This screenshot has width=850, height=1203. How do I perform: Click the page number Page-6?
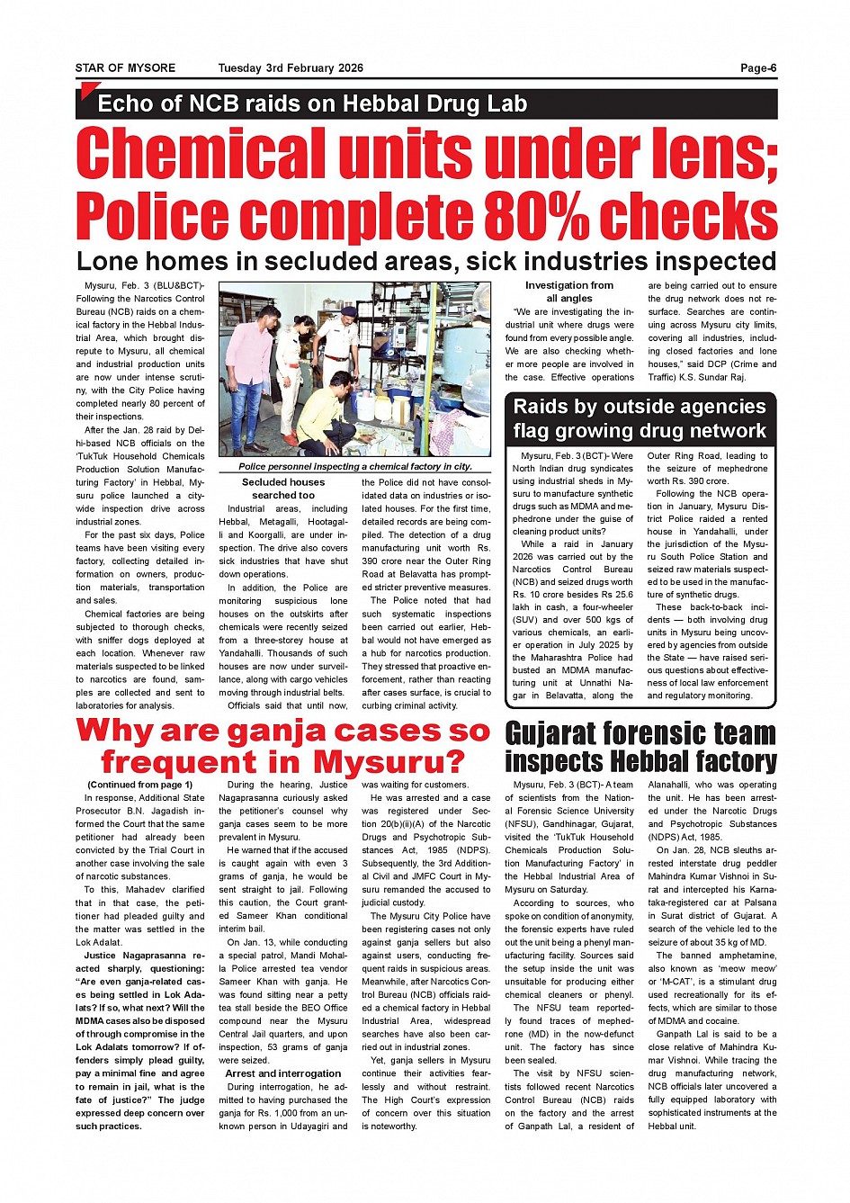758,68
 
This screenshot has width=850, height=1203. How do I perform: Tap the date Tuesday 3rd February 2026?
291,68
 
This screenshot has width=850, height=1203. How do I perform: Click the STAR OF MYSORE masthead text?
125,68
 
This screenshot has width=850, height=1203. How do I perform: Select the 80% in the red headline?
536,217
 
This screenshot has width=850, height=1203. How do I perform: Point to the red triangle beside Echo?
88,90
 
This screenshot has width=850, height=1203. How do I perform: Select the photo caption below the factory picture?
355,467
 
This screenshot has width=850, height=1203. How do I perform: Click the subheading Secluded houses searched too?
283,489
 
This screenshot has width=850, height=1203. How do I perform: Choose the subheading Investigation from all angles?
569,292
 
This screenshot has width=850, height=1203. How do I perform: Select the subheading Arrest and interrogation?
283,1073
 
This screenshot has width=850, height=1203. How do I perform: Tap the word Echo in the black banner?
128,104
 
